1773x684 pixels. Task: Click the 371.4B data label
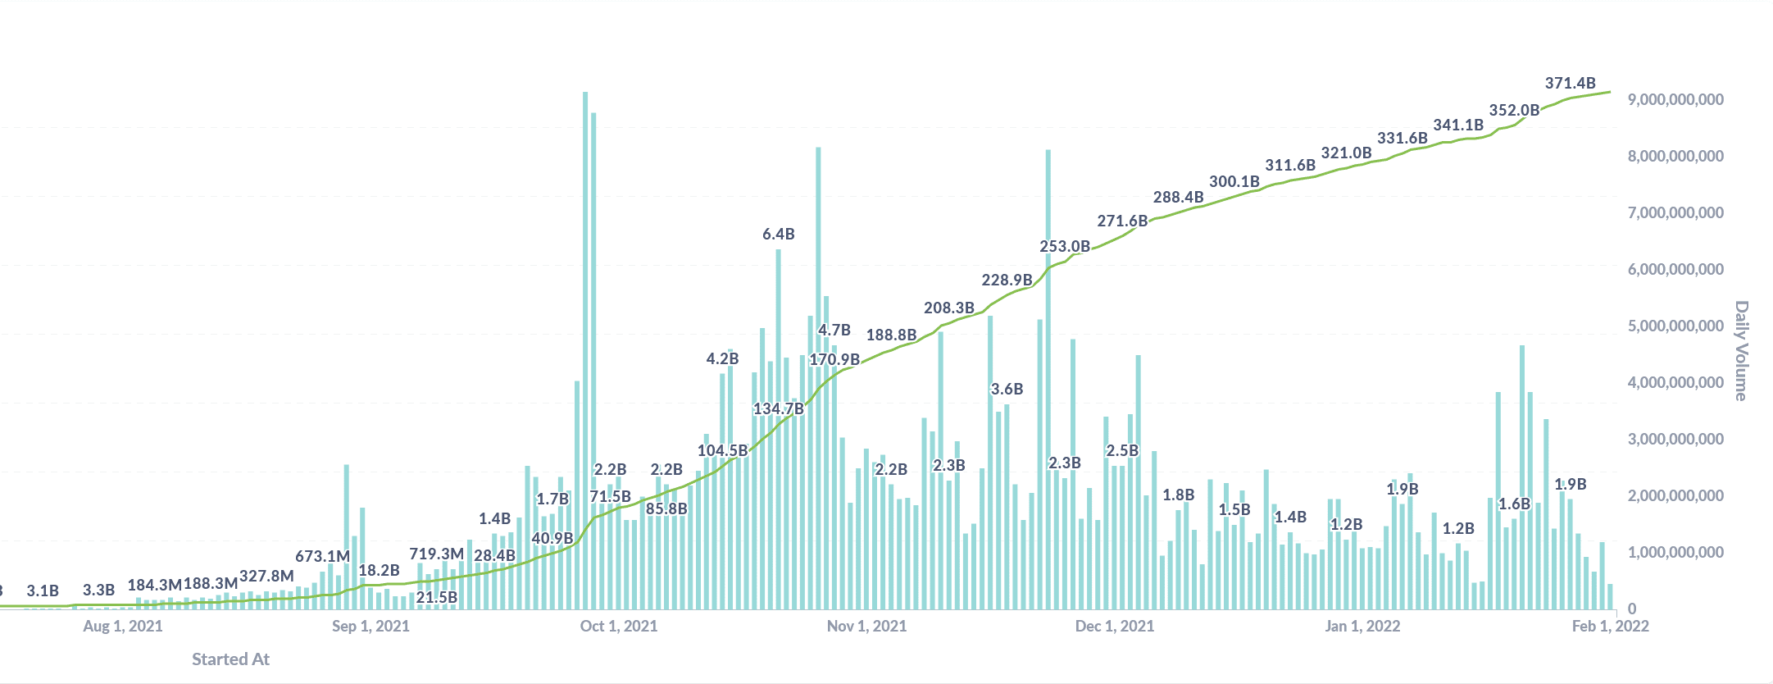pos(1570,83)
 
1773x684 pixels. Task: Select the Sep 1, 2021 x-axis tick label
pos(371,627)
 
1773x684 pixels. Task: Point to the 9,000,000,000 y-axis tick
pos(1675,99)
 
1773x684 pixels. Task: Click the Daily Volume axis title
pos(1741,350)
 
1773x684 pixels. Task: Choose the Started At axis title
pos(230,659)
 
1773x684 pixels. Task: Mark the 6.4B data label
pos(778,234)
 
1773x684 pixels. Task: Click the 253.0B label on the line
pos(1064,246)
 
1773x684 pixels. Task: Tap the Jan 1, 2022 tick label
pos(1362,627)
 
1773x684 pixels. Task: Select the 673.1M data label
pos(322,556)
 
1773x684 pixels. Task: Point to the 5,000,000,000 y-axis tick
pos(1675,326)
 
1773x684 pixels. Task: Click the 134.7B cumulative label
pos(778,408)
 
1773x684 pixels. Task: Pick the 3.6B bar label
pos(1007,389)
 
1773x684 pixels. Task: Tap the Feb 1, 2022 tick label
pos(1610,627)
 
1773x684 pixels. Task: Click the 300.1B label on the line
pos(1234,181)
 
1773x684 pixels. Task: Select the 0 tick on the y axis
pos(1632,609)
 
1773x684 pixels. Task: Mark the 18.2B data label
pos(379,570)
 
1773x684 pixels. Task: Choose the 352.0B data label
pos(1513,110)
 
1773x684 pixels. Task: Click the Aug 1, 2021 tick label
pos(123,627)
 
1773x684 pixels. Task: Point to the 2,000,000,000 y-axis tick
pos(1675,495)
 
